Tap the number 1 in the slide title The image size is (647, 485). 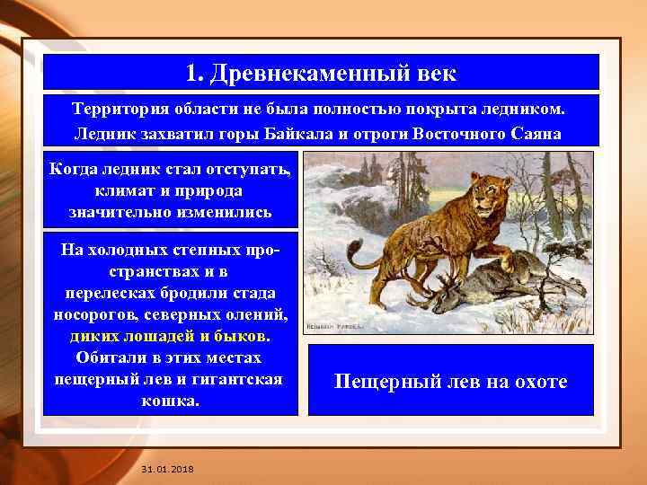(191, 72)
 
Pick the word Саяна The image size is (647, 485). (537, 134)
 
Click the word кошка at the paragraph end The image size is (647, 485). (170, 401)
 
